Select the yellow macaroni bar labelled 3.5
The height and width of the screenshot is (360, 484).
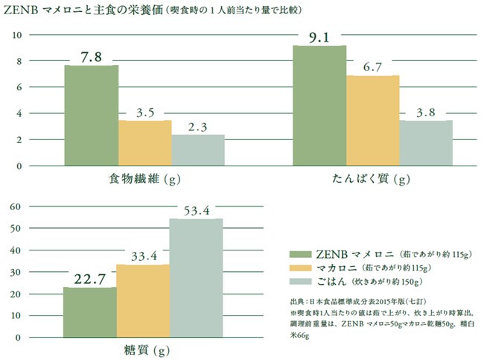click(x=144, y=143)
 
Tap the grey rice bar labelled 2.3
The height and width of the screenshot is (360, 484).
click(x=198, y=150)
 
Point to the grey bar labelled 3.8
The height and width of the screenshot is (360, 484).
click(x=426, y=142)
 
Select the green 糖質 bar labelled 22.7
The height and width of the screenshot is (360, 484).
click(x=89, y=312)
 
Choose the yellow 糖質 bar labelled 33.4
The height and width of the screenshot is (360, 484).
click(x=143, y=300)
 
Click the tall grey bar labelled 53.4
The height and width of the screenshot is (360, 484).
click(x=197, y=277)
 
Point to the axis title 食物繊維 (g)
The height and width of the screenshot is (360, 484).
click(x=140, y=180)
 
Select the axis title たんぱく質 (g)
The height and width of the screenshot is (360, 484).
click(x=372, y=180)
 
